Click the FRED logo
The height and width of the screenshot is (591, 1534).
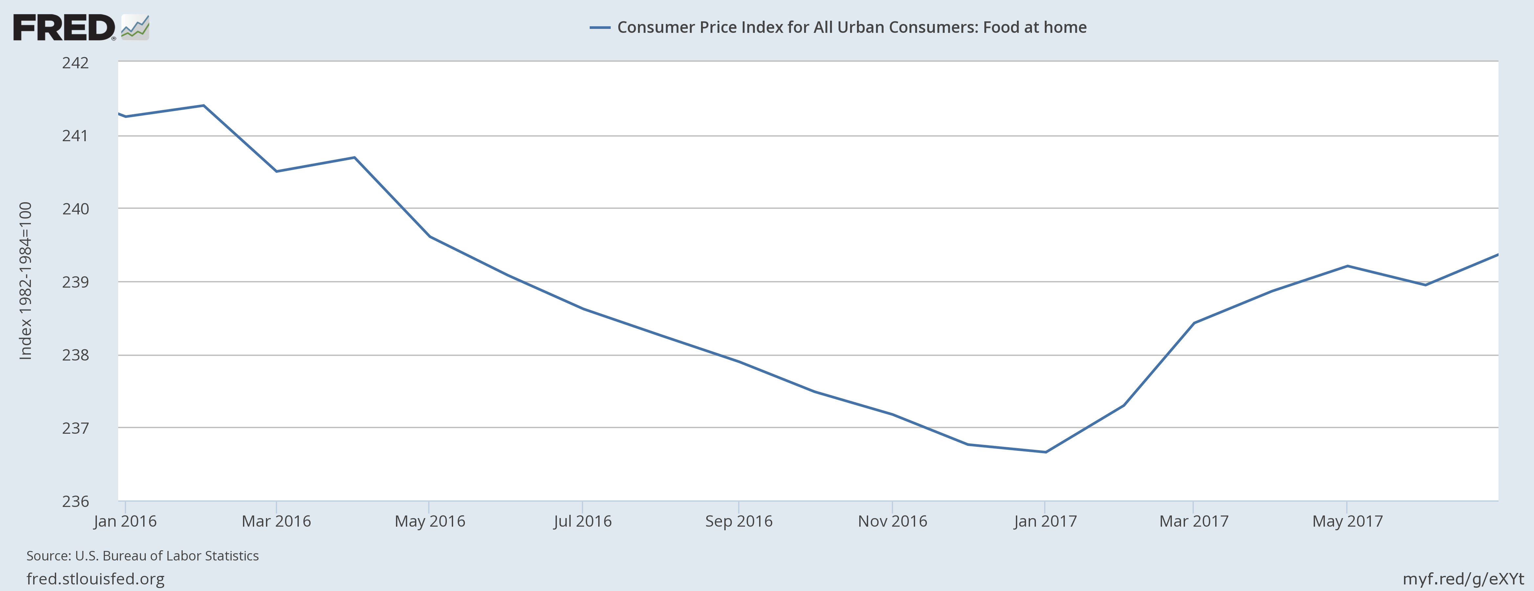tap(80, 27)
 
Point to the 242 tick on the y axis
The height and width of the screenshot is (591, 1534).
tap(75, 63)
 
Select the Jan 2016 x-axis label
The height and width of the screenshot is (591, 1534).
tap(125, 521)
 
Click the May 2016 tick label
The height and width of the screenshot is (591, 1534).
tap(429, 521)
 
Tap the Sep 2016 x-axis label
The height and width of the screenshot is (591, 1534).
tap(738, 521)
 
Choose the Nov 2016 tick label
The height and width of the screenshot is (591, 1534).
tap(892, 521)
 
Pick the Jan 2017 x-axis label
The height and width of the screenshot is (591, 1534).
tap(1045, 521)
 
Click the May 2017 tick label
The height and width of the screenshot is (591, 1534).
tap(1347, 521)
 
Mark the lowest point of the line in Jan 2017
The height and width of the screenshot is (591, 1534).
tap(1046, 452)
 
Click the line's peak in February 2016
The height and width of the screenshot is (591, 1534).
tap(204, 105)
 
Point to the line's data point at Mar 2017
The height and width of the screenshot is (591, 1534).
tap(1194, 323)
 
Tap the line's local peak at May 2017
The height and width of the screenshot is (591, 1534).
tap(1347, 266)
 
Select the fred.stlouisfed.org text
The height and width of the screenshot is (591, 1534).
tap(95, 579)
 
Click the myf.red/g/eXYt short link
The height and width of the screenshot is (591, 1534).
tap(1463, 579)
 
